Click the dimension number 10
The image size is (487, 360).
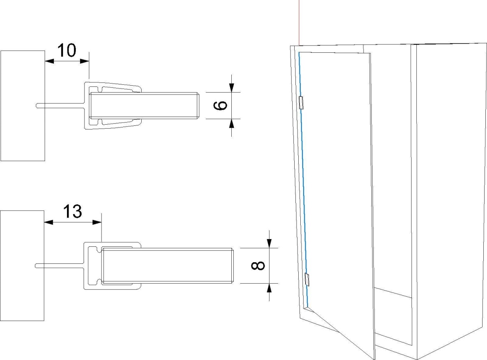(67, 50)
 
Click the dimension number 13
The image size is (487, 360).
(73, 211)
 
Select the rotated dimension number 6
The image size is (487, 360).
(220, 106)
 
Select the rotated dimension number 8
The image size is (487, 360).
(258, 266)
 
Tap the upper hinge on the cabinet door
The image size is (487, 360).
(301, 103)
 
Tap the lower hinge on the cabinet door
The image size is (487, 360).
(307, 280)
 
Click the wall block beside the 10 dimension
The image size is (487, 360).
(23, 106)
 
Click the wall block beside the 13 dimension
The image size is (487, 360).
(22, 265)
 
